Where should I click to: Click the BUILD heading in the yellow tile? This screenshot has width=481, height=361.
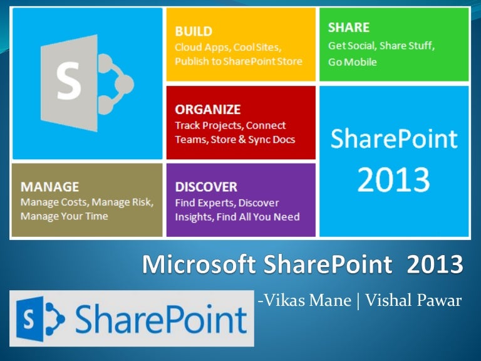[194, 31]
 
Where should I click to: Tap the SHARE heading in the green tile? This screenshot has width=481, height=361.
[348, 28]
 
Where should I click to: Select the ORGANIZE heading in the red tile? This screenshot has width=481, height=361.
[207, 109]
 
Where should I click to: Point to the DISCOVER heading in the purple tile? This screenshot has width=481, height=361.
[206, 187]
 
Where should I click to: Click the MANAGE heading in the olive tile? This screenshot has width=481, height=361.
[49, 187]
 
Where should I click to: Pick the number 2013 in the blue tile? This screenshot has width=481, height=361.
[393, 180]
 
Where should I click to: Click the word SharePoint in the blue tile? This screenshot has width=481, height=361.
[393, 138]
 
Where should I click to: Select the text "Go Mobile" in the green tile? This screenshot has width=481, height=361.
[353, 62]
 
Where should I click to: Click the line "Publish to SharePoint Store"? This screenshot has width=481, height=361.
[238, 61]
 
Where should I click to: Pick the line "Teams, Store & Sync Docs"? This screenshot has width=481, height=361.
[235, 139]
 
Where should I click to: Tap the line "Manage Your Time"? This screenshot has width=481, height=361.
[64, 216]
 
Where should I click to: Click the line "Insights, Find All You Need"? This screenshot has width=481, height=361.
[237, 217]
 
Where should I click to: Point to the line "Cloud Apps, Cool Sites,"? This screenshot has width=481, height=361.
[228, 47]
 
